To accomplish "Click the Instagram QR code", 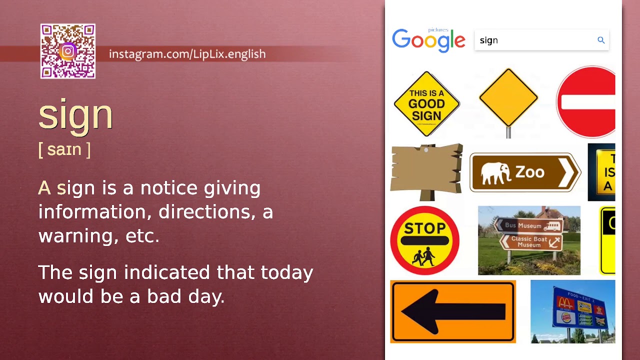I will click(x=68, y=51).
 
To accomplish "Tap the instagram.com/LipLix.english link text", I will click(x=187, y=54).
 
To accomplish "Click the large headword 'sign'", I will click(x=75, y=114).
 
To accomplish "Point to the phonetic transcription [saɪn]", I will click(x=64, y=149).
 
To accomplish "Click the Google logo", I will click(x=428, y=40).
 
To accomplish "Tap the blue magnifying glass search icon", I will click(x=601, y=40).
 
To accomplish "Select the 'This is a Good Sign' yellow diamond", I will click(x=426, y=103).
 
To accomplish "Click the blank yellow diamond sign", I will click(x=508, y=97).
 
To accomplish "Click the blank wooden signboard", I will click(x=426, y=168).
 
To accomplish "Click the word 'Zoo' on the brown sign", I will click(x=529, y=172).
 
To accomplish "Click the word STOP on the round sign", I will click(x=424, y=228).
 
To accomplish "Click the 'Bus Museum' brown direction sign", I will click(x=528, y=225).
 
